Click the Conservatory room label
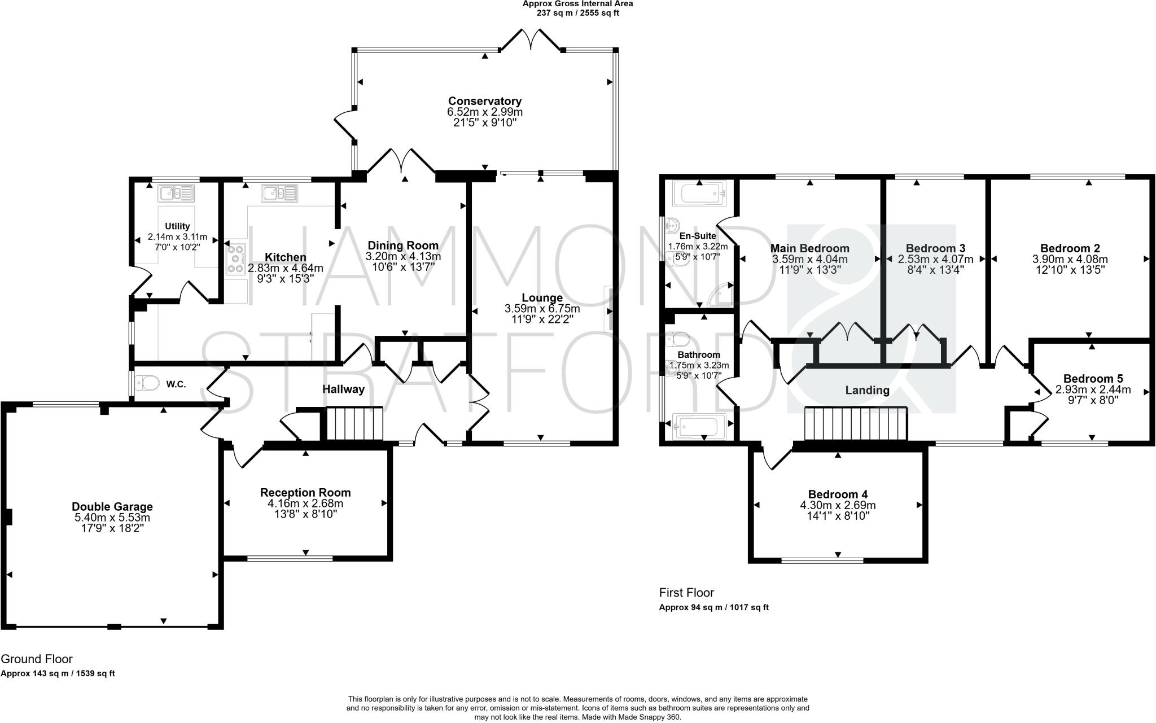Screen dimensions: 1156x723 click(485, 102)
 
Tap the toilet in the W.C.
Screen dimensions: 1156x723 click(147, 384)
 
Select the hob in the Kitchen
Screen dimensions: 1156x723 click(236, 260)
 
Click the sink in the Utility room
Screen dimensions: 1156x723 click(176, 193)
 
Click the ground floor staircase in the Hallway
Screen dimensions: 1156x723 click(354, 423)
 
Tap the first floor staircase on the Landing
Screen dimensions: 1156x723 click(856, 423)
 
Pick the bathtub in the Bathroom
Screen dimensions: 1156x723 click(699, 426)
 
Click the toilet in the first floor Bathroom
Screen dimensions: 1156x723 click(678, 341)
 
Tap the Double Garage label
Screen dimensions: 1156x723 click(112, 507)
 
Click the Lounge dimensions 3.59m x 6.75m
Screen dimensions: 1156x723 click(542, 309)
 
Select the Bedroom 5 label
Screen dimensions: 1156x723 click(1093, 379)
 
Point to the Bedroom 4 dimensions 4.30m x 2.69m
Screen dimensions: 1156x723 click(838, 505)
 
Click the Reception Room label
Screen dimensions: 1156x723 click(305, 493)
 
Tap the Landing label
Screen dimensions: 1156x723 click(868, 390)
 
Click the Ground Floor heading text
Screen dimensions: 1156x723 click(37, 659)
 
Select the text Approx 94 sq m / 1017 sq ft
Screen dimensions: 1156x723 click(714, 608)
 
